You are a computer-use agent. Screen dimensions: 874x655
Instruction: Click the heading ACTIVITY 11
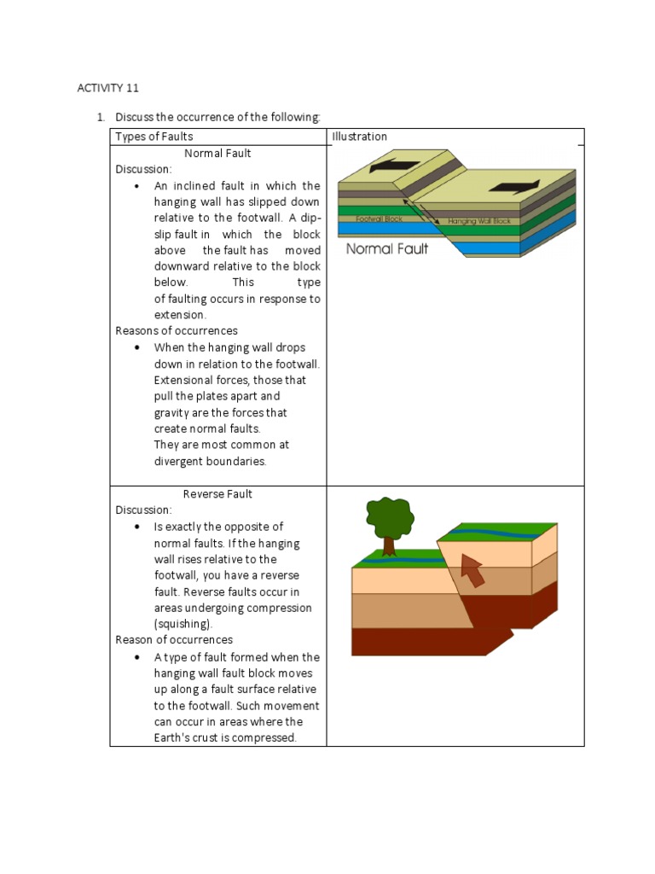coord(107,88)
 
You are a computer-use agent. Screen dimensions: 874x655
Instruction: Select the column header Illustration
coord(359,137)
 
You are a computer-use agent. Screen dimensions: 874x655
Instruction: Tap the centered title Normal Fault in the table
coord(217,154)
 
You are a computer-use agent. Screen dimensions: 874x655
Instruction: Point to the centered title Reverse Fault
coord(217,494)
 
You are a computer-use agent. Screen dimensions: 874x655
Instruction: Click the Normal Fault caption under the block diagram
coord(387,249)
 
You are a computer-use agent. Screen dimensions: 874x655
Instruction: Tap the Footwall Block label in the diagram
coord(380,219)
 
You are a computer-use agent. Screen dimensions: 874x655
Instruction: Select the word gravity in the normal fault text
coord(172,413)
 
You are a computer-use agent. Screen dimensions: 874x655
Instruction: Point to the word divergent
coord(177,461)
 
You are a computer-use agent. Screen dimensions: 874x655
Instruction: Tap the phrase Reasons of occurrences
coord(177,331)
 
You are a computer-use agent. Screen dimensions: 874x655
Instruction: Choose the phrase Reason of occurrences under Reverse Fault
coord(174,640)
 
